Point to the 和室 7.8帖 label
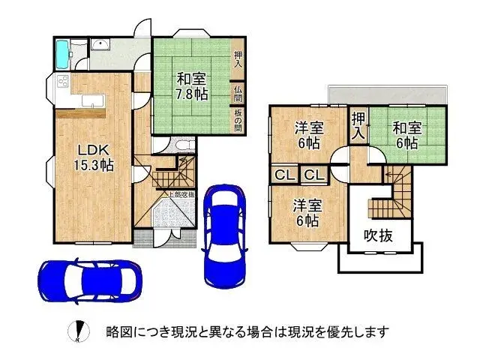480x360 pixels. (193, 85)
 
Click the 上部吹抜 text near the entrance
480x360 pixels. (181, 196)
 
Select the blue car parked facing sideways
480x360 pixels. (88, 278)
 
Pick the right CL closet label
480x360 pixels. (314, 175)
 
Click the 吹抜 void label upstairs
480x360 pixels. (379, 235)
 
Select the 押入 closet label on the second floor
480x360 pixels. (360, 125)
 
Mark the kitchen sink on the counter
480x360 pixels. (89, 101)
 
